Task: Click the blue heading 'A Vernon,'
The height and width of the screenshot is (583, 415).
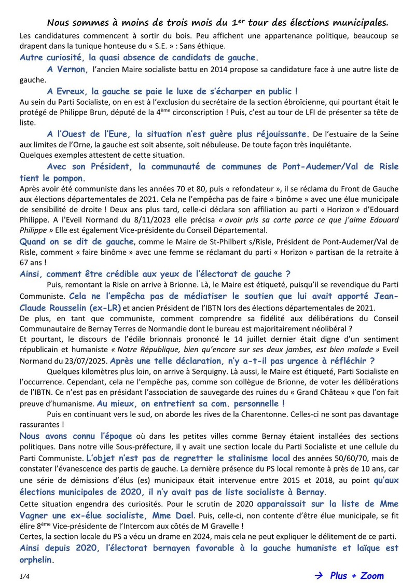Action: (x=67, y=68)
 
